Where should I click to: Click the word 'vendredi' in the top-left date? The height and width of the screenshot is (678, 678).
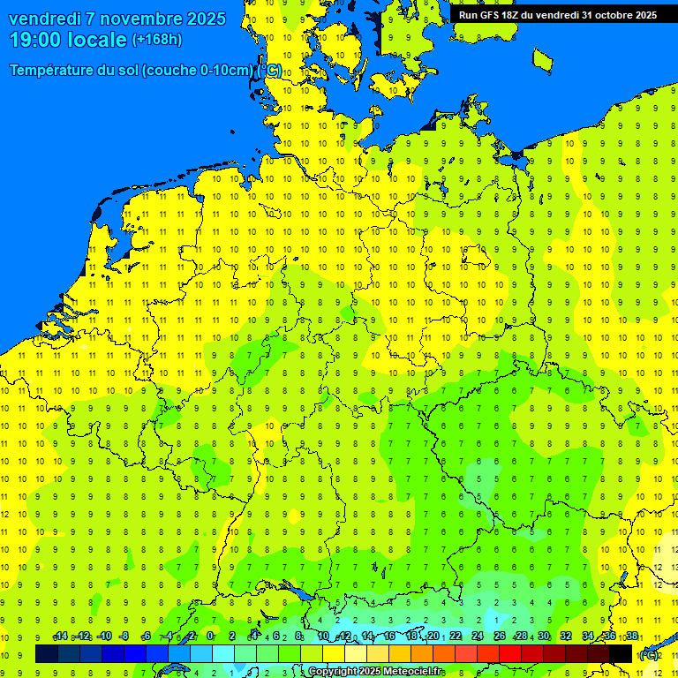pyautogui.click(x=44, y=19)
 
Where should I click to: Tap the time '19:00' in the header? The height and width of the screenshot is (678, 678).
pyautogui.click(x=40, y=40)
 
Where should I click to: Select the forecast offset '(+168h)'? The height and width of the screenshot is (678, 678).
pyautogui.click(x=156, y=40)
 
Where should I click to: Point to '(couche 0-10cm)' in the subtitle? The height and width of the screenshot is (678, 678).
pyautogui.click(x=198, y=71)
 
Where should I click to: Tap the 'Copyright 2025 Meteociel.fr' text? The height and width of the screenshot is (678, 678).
pyautogui.click(x=374, y=672)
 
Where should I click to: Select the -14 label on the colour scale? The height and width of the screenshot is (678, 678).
pyautogui.click(x=60, y=637)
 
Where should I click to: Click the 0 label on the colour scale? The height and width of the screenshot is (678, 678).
pyautogui.click(x=210, y=637)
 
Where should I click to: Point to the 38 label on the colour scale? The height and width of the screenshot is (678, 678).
pyautogui.click(x=632, y=637)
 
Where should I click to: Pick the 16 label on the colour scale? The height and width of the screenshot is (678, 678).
pyautogui.click(x=388, y=637)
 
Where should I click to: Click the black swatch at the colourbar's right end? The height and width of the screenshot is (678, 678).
pyautogui.click(x=621, y=653)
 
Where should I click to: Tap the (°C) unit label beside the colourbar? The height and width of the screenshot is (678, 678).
pyautogui.click(x=649, y=654)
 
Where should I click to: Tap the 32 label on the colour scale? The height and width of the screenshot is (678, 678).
pyautogui.click(x=566, y=637)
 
